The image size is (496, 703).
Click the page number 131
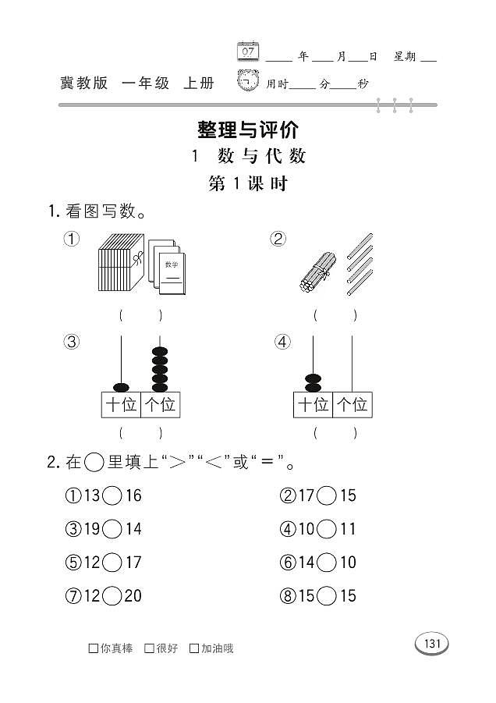click(x=432, y=644)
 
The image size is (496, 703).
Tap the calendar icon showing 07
click(x=247, y=51)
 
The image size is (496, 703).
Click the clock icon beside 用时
click(x=248, y=81)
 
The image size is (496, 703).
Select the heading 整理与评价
click(x=248, y=129)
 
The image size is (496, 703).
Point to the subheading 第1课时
click(x=248, y=184)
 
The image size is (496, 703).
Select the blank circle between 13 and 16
click(x=112, y=495)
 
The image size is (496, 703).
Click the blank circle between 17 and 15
click(x=327, y=495)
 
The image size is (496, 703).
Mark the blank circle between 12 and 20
click(x=112, y=596)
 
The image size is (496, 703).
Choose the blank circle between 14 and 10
click(x=327, y=563)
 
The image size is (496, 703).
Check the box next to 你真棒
click(x=94, y=648)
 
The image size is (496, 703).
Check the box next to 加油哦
click(x=194, y=648)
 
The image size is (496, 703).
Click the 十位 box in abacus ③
click(x=121, y=405)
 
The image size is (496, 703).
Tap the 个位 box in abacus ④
click(x=353, y=405)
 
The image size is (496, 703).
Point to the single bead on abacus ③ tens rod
click(x=121, y=387)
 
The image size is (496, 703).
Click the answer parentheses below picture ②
click(x=334, y=316)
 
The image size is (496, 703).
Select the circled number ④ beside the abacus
click(x=282, y=342)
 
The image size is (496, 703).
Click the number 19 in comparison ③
click(x=92, y=529)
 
